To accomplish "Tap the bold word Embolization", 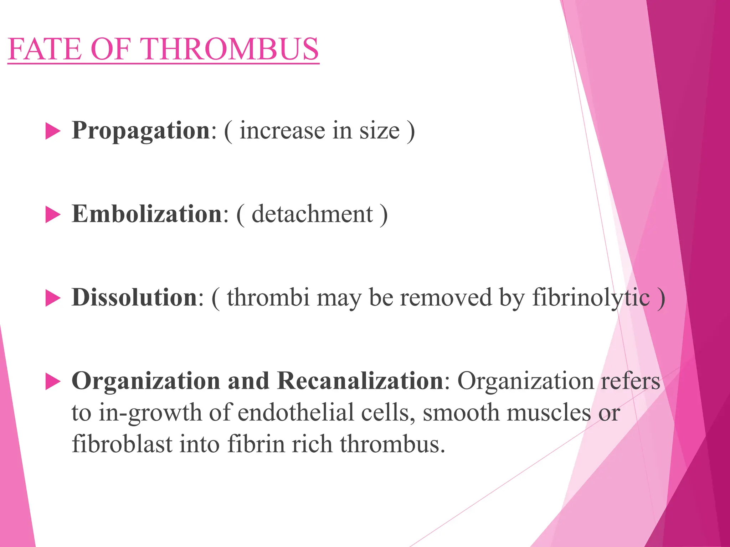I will point(147,214).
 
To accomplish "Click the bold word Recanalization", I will point(360,381).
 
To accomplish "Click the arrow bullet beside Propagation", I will point(53,131).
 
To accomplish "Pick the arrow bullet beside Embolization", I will point(53,215).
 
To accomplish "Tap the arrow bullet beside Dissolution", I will point(53,298).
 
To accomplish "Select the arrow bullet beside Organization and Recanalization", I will point(53,382).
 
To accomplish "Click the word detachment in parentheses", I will point(312,214).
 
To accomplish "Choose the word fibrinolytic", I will point(591,298).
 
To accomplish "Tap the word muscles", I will point(549,413).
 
